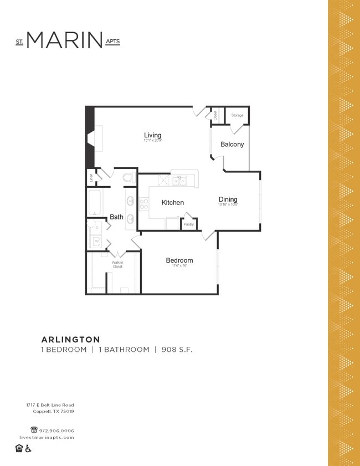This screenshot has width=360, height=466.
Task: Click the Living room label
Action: [x=152, y=135]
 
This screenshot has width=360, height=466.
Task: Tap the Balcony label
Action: [x=232, y=144]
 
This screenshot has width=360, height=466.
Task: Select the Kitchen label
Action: [x=172, y=203]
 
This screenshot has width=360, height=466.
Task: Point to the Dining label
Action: [x=228, y=199]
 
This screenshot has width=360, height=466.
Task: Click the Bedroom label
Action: [x=179, y=260]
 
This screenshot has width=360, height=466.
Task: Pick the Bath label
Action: [x=116, y=217]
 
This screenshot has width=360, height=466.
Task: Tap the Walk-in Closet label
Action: [x=117, y=264]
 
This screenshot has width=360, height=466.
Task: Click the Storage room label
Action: [x=237, y=115]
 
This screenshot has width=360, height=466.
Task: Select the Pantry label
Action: [x=189, y=224]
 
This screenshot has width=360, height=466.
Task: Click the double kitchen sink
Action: [x=178, y=181]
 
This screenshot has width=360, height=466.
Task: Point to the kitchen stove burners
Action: [x=143, y=203]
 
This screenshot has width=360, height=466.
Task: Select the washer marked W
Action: [x=96, y=242]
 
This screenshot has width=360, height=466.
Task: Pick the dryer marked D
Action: [x=96, y=228]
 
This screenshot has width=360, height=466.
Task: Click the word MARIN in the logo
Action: [x=64, y=40]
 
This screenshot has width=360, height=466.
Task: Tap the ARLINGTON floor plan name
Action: [x=70, y=339]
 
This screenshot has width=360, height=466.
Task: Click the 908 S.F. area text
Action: [x=177, y=350]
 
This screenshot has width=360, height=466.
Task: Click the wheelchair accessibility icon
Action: [x=28, y=448]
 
